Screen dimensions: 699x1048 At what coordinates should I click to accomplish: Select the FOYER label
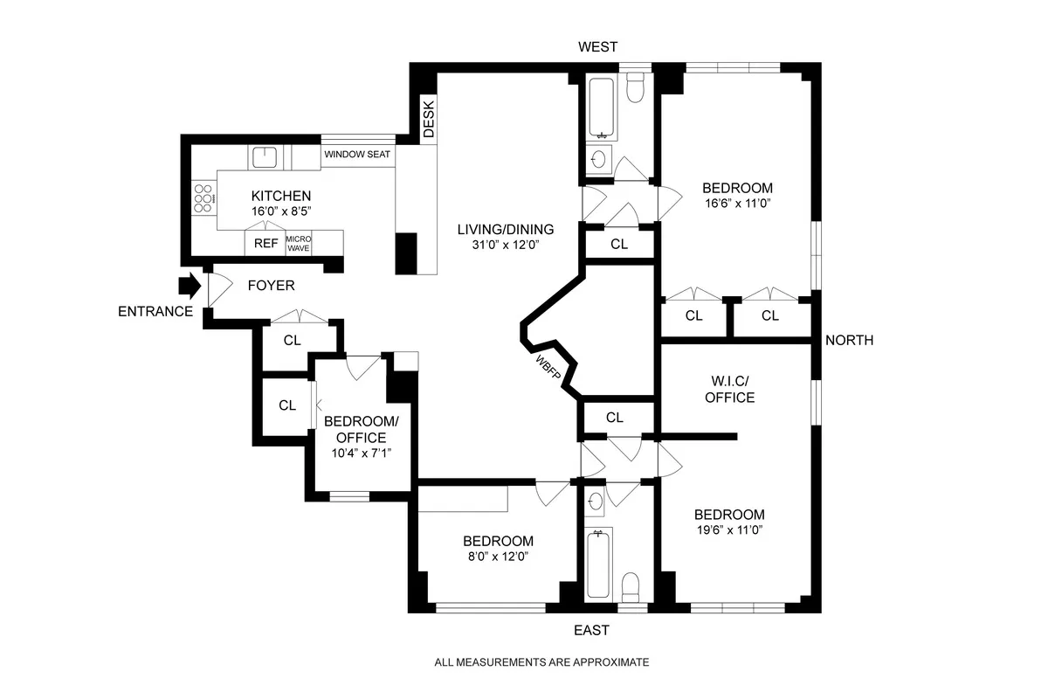[x=271, y=286]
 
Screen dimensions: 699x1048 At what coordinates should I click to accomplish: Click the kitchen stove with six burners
[x=203, y=199]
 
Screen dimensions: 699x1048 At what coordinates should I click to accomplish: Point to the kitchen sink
[x=265, y=157]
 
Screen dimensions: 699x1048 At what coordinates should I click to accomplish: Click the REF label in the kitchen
[x=265, y=244]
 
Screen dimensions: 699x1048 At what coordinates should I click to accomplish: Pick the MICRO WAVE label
[x=299, y=244]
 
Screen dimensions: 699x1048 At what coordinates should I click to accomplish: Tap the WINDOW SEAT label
[x=357, y=155]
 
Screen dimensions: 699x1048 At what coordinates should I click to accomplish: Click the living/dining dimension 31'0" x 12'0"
[x=506, y=246]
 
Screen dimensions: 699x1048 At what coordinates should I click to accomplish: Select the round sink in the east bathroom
[x=596, y=501]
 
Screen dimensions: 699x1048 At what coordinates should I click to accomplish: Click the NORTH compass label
[x=848, y=340]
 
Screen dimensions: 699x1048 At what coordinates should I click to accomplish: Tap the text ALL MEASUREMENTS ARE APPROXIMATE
[x=541, y=662]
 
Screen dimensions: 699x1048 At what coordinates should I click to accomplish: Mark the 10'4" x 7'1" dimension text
[x=361, y=453]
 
